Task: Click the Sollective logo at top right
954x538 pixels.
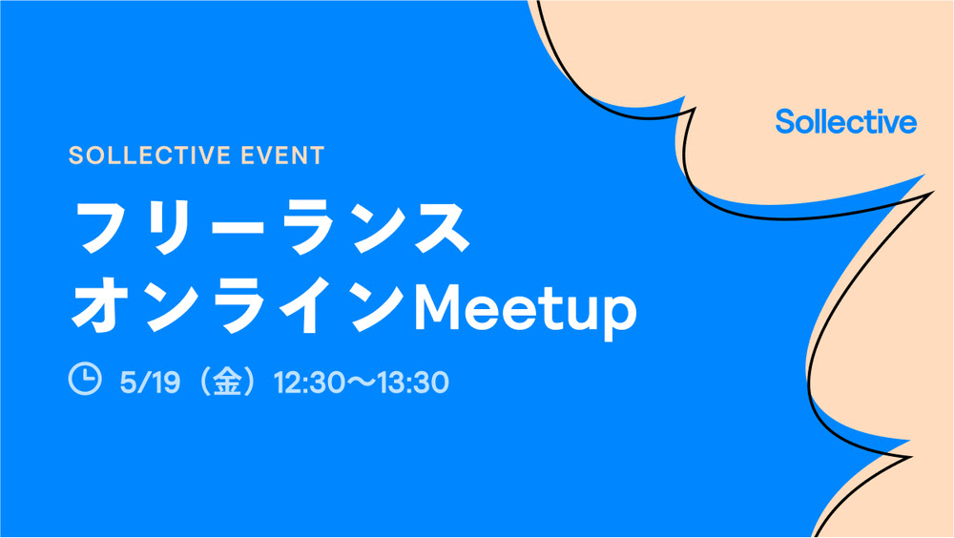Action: point(845,122)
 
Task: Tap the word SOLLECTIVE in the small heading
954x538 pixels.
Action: point(150,155)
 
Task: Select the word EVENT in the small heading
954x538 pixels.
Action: point(282,155)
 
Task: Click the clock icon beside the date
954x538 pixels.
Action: point(85,379)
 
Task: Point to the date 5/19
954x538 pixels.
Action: point(150,383)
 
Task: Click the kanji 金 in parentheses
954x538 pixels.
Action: point(228,382)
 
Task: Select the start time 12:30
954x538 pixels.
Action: point(310,383)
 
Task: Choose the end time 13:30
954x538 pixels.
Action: point(413,383)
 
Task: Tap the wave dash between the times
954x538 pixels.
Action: point(362,383)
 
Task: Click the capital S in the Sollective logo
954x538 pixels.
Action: point(785,122)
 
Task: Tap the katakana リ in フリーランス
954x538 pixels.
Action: point(172,226)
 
